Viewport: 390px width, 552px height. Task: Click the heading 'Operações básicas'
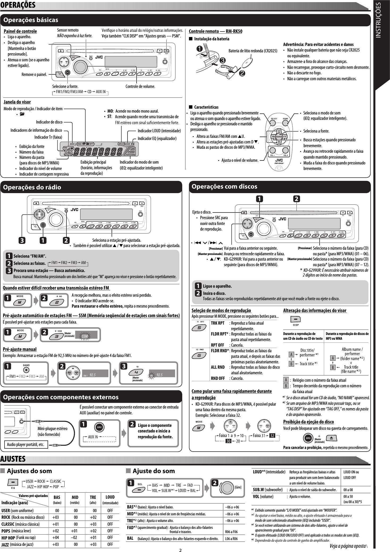pos(31,20)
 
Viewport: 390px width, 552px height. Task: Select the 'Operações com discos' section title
pos(224,186)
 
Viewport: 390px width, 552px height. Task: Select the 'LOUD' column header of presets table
pos(110,497)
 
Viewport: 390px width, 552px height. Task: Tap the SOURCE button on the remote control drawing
pos(279,137)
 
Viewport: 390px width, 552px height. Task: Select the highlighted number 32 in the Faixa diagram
pos(272,436)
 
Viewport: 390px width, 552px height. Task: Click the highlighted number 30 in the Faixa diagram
pos(228,441)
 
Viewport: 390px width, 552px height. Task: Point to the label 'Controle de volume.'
pos(140,86)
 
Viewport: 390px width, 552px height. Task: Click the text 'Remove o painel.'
pos(34,74)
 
